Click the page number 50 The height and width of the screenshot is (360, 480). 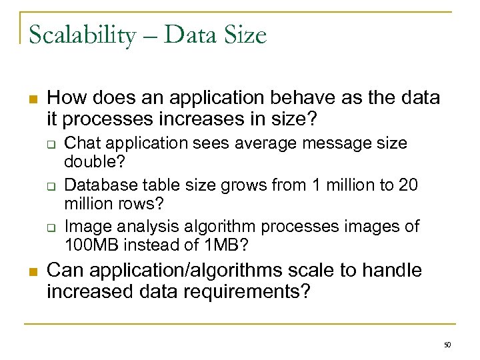[x=447, y=345]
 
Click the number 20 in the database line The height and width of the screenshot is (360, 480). [x=408, y=185]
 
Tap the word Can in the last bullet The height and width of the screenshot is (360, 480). [x=65, y=271]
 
